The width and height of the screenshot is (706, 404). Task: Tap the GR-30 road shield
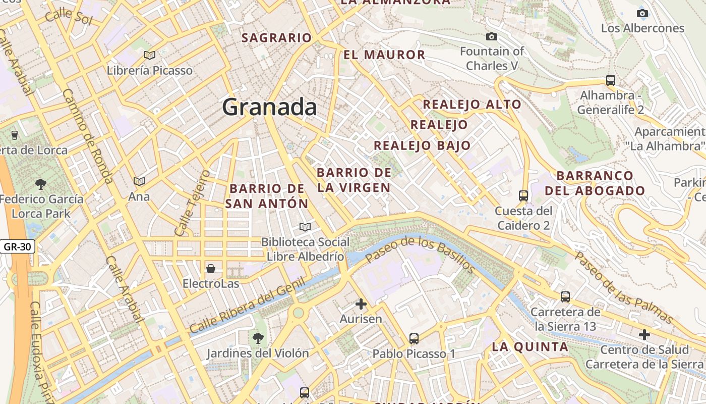point(17,247)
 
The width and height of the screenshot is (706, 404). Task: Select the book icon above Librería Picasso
point(149,55)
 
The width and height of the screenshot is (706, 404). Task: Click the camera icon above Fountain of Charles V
point(491,36)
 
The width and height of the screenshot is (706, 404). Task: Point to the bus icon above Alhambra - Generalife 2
point(610,80)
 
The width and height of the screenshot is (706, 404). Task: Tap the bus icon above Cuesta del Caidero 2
point(523,195)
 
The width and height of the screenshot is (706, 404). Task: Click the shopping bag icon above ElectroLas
point(210,268)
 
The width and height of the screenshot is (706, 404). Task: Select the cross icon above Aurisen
point(361,304)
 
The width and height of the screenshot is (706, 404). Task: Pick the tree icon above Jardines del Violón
point(258,337)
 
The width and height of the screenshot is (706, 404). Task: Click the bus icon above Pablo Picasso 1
point(414,338)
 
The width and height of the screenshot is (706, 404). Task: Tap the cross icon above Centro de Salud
point(644,334)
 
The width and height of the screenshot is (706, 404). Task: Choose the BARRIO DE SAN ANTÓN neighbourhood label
point(267,196)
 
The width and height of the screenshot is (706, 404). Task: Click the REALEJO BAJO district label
point(422,145)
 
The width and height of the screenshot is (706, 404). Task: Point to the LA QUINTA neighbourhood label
point(530,347)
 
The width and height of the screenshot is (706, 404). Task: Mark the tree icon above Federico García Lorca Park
point(41,184)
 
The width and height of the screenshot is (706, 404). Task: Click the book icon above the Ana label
point(139,181)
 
